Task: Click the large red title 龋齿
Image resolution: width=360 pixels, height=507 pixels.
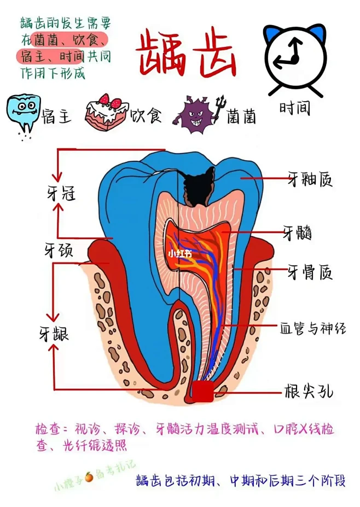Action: click(x=186, y=53)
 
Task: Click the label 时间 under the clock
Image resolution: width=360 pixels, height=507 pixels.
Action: click(x=295, y=108)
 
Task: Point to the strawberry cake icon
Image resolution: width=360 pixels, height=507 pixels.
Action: click(x=107, y=112)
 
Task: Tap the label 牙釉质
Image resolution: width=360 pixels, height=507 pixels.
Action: click(x=310, y=179)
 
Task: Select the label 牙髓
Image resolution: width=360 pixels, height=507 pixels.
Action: click(x=297, y=232)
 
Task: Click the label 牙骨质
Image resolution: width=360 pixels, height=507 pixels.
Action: click(x=310, y=272)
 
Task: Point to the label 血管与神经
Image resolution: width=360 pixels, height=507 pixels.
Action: click(x=313, y=328)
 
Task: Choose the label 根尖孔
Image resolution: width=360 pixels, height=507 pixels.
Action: click(x=309, y=392)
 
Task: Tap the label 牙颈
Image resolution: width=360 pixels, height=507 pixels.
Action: click(x=59, y=249)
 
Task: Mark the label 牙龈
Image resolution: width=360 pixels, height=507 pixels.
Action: click(x=54, y=334)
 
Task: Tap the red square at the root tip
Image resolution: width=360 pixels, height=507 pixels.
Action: click(x=203, y=391)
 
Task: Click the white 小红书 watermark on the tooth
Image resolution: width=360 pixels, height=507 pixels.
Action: click(x=180, y=254)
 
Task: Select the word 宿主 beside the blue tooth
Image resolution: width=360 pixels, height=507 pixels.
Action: click(x=56, y=116)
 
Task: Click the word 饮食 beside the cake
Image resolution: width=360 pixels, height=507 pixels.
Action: click(x=146, y=115)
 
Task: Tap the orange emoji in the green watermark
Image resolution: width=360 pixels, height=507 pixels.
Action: click(x=89, y=476)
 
